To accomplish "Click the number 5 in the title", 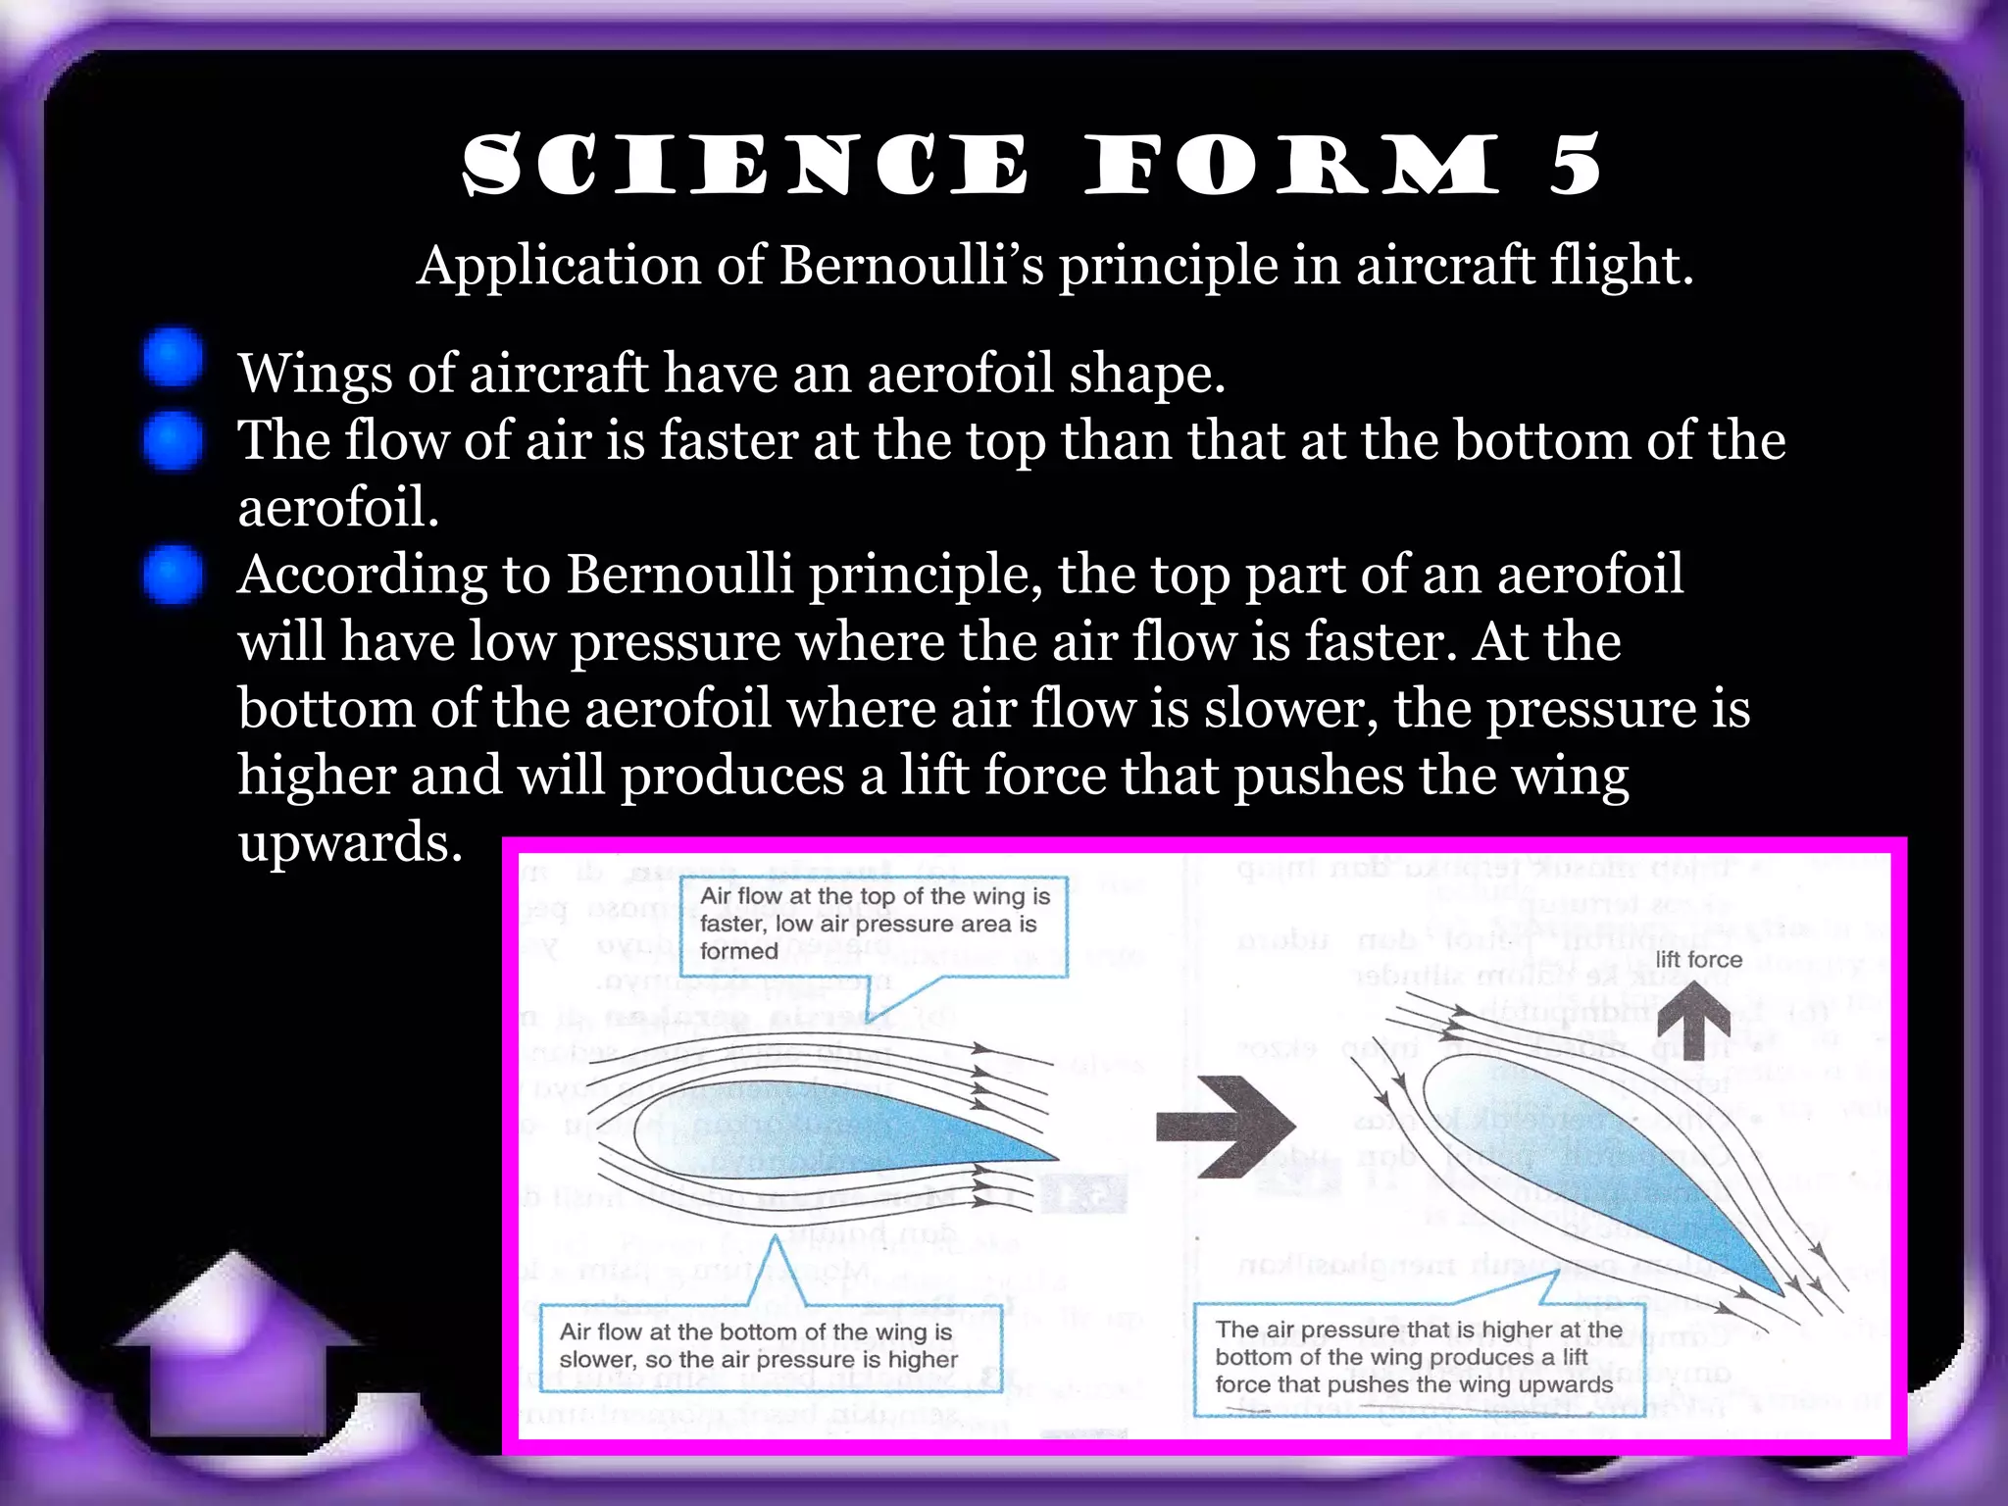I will (x=1575, y=165).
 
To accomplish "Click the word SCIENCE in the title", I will (x=745, y=165).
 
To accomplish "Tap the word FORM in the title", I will (x=1292, y=165).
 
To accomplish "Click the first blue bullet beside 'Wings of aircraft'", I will (x=173, y=358).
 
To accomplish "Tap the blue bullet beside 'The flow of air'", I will (x=173, y=441).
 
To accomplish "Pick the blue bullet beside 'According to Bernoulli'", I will (x=173, y=575).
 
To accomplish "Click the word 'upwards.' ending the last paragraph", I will (x=350, y=842).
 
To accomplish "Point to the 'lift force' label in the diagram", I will (x=1699, y=959).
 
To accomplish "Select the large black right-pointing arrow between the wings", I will (x=1226, y=1127).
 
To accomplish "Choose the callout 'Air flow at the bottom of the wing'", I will (x=770, y=1345).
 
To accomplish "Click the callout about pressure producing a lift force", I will (x=1418, y=1357).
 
